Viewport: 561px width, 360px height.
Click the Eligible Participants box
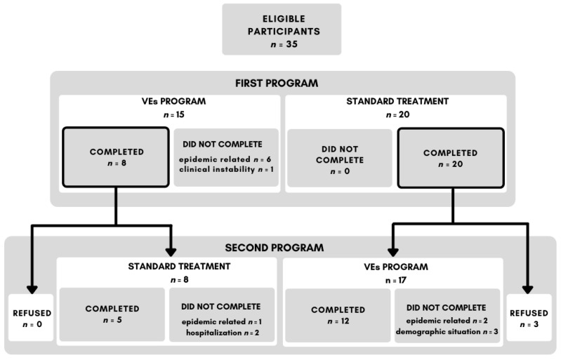(x=282, y=29)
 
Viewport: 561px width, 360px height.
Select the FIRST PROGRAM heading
(x=277, y=84)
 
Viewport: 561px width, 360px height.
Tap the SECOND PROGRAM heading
(x=275, y=248)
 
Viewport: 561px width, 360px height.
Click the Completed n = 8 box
(x=116, y=157)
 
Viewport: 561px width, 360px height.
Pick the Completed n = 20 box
(x=451, y=158)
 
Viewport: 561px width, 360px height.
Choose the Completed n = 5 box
(x=112, y=314)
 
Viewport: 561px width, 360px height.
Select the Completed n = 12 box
(x=338, y=315)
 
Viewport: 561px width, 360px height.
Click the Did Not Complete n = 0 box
(x=340, y=158)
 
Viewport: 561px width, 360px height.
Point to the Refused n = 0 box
(x=31, y=317)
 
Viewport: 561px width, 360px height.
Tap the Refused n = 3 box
(x=529, y=317)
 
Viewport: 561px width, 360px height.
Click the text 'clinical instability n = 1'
(x=226, y=169)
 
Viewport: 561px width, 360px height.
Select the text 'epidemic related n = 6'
(x=225, y=159)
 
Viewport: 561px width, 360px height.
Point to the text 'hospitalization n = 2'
(x=223, y=333)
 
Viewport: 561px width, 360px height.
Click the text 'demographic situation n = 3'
(x=447, y=332)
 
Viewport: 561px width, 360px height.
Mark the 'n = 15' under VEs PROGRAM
(x=174, y=115)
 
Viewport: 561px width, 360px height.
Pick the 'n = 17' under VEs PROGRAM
(x=396, y=280)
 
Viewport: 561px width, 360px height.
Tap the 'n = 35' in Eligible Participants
(x=284, y=44)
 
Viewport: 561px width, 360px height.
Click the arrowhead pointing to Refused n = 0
(x=32, y=290)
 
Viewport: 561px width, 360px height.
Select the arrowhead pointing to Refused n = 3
(x=528, y=290)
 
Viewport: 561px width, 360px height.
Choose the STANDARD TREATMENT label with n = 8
(x=179, y=267)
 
